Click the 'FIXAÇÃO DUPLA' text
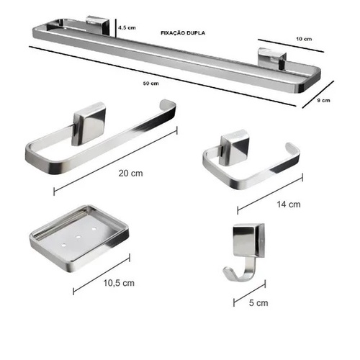[x=183, y=33]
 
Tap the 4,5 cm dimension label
[x=127, y=27]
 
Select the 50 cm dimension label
[x=151, y=84]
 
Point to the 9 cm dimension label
[x=324, y=100]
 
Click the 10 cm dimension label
[x=304, y=39]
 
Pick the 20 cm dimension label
[x=130, y=174]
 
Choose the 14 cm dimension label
[x=289, y=204]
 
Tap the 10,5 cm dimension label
[x=119, y=283]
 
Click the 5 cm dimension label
[x=258, y=303]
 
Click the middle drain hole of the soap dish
[x=78, y=237]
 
